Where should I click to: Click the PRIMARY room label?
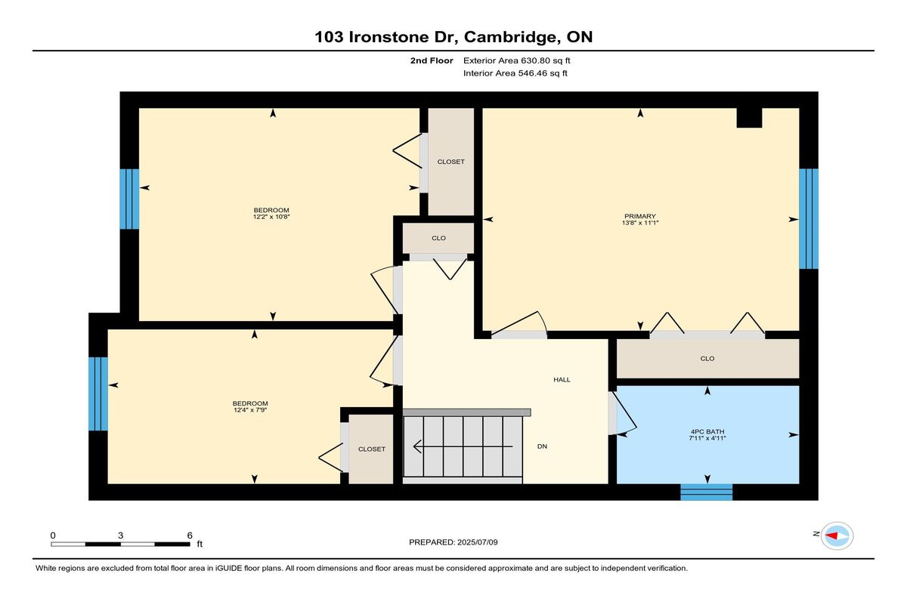tap(639, 216)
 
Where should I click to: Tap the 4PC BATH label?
tap(707, 431)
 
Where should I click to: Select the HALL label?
tap(562, 379)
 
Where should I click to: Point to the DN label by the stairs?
tap(542, 446)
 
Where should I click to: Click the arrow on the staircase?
tap(463, 446)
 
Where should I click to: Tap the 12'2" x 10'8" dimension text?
tap(271, 217)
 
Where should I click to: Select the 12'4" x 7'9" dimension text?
tap(250, 410)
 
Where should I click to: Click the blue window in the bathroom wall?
tap(707, 492)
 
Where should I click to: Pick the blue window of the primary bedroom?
tap(809, 218)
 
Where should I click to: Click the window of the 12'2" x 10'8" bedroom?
tap(129, 199)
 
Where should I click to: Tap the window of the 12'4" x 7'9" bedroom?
tap(98, 394)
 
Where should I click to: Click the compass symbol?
tap(837, 535)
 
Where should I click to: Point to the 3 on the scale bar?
tap(120, 535)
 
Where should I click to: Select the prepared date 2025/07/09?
tap(478, 542)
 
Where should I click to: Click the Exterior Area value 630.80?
tap(534, 60)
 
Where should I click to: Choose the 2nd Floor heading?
tap(432, 60)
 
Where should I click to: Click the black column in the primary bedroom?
tap(749, 118)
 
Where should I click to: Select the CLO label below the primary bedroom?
tap(707, 359)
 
